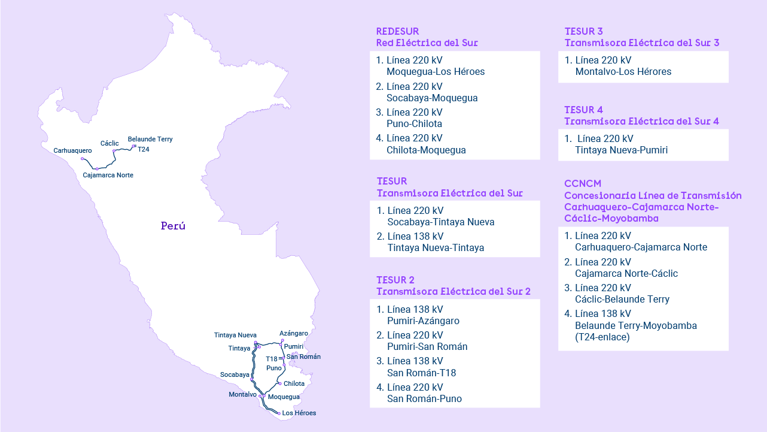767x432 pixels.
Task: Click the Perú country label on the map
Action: [173, 226]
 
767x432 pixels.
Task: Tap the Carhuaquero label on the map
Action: [72, 150]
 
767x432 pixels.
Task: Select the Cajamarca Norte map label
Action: [108, 175]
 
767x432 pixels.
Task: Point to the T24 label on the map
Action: [144, 149]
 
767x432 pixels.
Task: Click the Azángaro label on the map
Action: [294, 333]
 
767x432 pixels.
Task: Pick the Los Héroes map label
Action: [299, 413]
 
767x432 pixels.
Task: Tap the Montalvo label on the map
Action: [242, 394]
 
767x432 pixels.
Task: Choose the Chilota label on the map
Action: [294, 383]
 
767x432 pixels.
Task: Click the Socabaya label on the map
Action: [235, 374]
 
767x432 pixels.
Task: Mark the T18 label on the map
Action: [272, 359]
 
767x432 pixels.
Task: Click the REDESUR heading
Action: [397, 31]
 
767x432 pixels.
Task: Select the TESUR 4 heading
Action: [583, 110]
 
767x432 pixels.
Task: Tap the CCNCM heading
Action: [583, 183]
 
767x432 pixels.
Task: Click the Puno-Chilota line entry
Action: [414, 124]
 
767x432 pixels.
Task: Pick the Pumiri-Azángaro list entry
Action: [423, 321]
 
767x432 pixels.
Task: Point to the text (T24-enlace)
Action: [602, 337]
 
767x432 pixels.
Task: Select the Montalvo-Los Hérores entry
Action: [623, 72]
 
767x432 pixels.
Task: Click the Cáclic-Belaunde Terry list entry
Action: [622, 299]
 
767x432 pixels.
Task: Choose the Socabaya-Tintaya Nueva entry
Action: [440, 222]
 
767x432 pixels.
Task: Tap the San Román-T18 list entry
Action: [421, 373]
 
